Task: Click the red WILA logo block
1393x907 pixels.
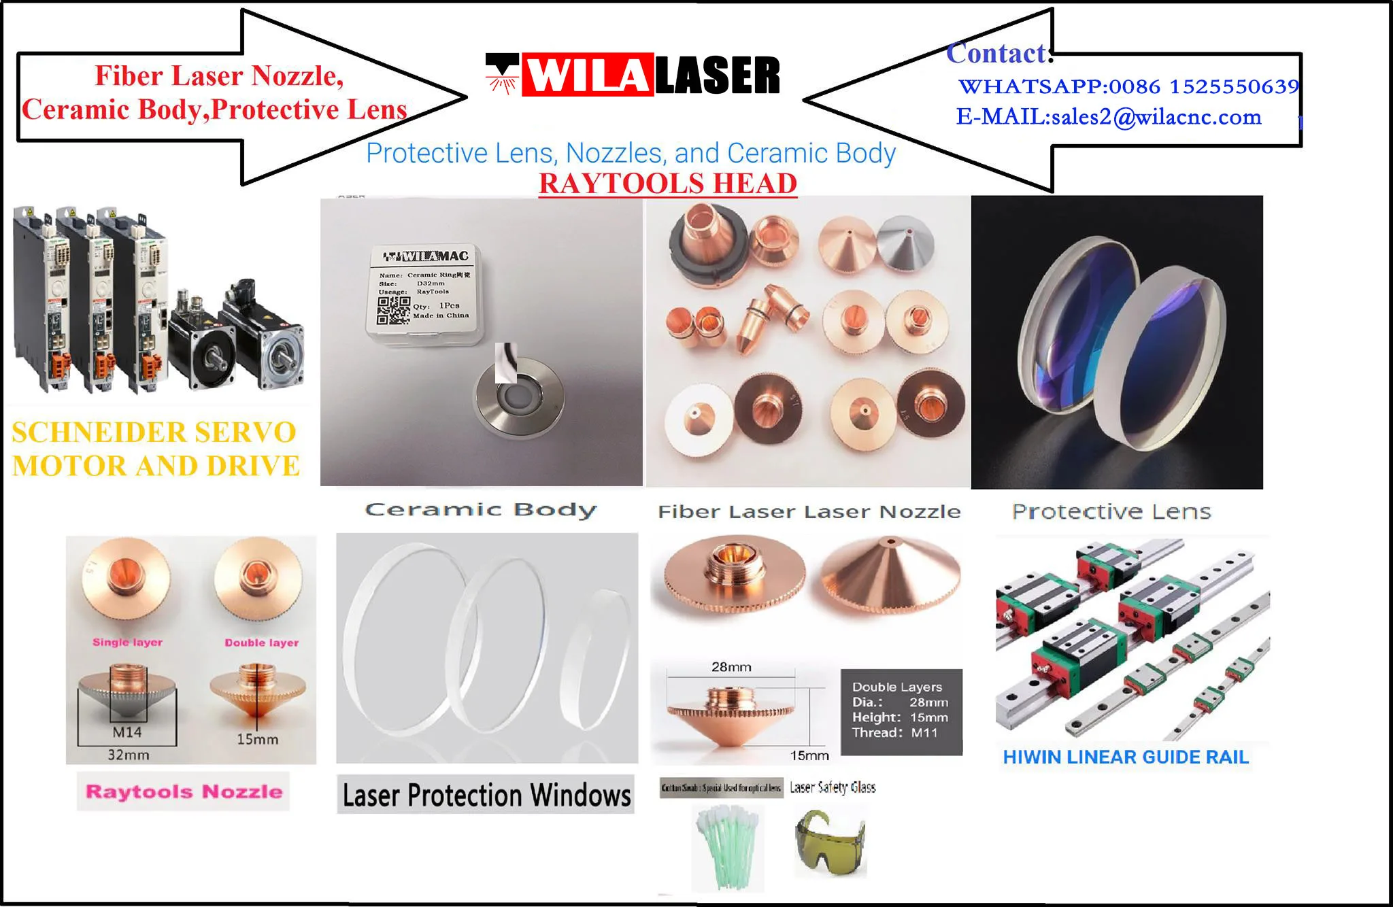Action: point(586,75)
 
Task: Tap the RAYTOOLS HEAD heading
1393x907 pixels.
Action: point(667,184)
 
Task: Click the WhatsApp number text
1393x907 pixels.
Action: point(1128,86)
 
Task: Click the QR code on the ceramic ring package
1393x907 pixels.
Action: point(394,310)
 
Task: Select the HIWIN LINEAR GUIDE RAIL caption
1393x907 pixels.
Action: point(1126,757)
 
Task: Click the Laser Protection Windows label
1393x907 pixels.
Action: point(486,795)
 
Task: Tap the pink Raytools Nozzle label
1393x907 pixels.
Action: point(184,791)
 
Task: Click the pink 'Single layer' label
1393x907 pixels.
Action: point(128,642)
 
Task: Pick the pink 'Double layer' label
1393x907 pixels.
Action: point(262,643)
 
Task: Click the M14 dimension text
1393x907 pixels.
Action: point(127,732)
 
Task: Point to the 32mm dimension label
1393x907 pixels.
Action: point(128,755)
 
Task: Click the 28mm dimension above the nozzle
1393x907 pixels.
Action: point(731,667)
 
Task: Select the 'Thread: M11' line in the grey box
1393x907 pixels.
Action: point(894,733)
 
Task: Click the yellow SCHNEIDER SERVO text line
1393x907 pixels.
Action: point(154,432)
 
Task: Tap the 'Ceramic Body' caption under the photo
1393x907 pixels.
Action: point(481,510)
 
